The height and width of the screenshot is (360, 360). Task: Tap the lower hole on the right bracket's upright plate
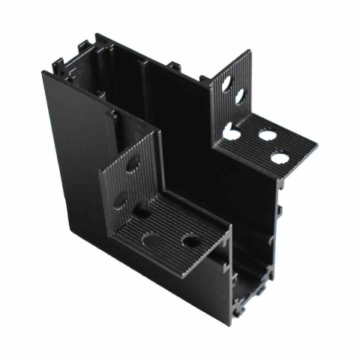tap(240, 97)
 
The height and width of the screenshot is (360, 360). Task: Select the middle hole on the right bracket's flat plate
tap(267, 137)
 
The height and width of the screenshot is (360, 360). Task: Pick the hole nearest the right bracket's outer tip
tap(280, 158)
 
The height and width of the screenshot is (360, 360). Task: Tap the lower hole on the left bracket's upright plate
tap(120, 200)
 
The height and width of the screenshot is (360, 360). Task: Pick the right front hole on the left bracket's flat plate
tap(190, 241)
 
